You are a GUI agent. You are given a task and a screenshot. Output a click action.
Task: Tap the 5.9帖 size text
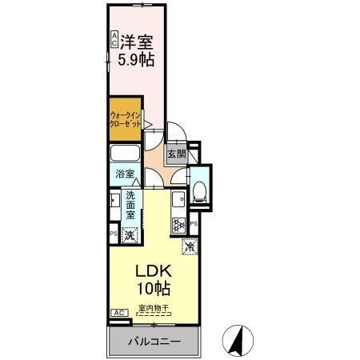[x=137, y=58]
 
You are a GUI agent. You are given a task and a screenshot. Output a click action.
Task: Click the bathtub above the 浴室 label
[x=125, y=155]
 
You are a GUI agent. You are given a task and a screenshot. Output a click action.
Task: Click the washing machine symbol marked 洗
[x=130, y=234]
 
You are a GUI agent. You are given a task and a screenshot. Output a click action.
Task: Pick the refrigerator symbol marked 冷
[x=190, y=247]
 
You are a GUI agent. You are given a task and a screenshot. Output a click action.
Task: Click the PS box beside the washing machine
[x=112, y=233]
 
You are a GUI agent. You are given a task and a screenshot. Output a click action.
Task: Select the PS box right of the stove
[x=194, y=225]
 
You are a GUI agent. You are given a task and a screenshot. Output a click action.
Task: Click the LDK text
[x=149, y=270]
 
